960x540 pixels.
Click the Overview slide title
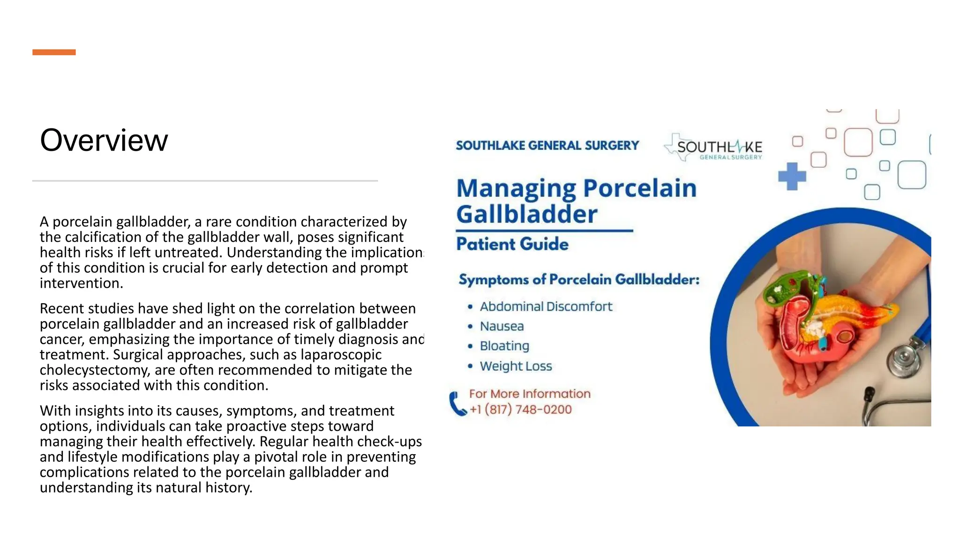pyautogui.click(x=104, y=140)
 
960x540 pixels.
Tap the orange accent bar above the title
pyautogui.click(x=54, y=52)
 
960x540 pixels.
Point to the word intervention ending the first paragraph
pyautogui.click(x=80, y=283)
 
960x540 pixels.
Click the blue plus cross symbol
pyautogui.click(x=792, y=176)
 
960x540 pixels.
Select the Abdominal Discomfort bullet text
pyautogui.click(x=546, y=307)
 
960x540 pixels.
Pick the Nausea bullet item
pyautogui.click(x=502, y=326)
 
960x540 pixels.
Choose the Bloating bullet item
pyautogui.click(x=504, y=346)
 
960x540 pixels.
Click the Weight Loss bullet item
pyautogui.click(x=516, y=366)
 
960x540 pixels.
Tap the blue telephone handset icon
pyautogui.click(x=457, y=404)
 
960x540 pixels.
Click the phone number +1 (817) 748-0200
pyautogui.click(x=520, y=410)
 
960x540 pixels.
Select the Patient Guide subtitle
pyautogui.click(x=512, y=244)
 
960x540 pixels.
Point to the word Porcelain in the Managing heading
pyautogui.click(x=640, y=188)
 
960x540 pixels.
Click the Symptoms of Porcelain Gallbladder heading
pyautogui.click(x=578, y=280)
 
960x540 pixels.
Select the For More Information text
pyautogui.click(x=530, y=394)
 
